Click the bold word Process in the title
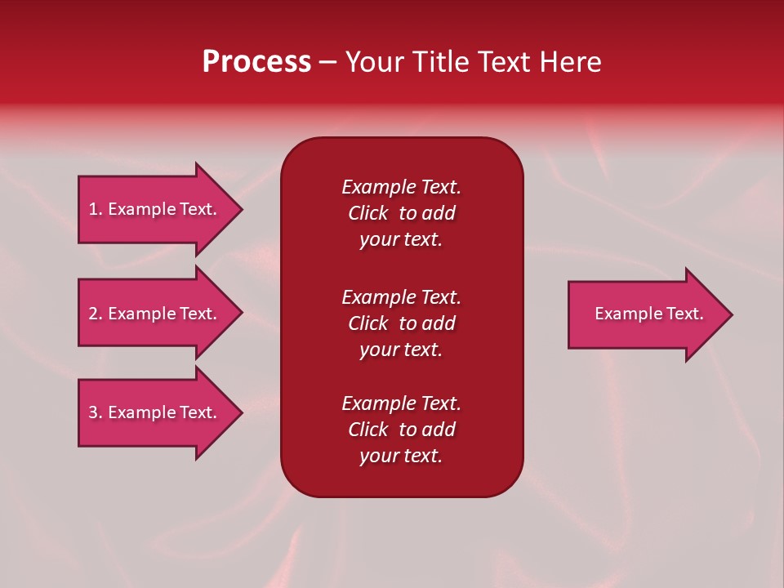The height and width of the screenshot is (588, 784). tap(256, 62)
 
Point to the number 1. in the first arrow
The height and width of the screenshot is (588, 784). tap(96, 209)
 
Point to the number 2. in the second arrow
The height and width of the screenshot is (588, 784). tap(96, 314)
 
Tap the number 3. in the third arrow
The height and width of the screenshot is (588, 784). tap(96, 412)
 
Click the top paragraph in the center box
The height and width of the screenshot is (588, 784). tap(401, 213)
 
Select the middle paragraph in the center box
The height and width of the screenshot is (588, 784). tap(401, 323)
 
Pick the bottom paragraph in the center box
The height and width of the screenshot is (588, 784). tap(401, 430)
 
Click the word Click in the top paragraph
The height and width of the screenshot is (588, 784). tap(367, 213)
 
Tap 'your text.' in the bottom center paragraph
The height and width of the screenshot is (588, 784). tap(401, 456)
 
